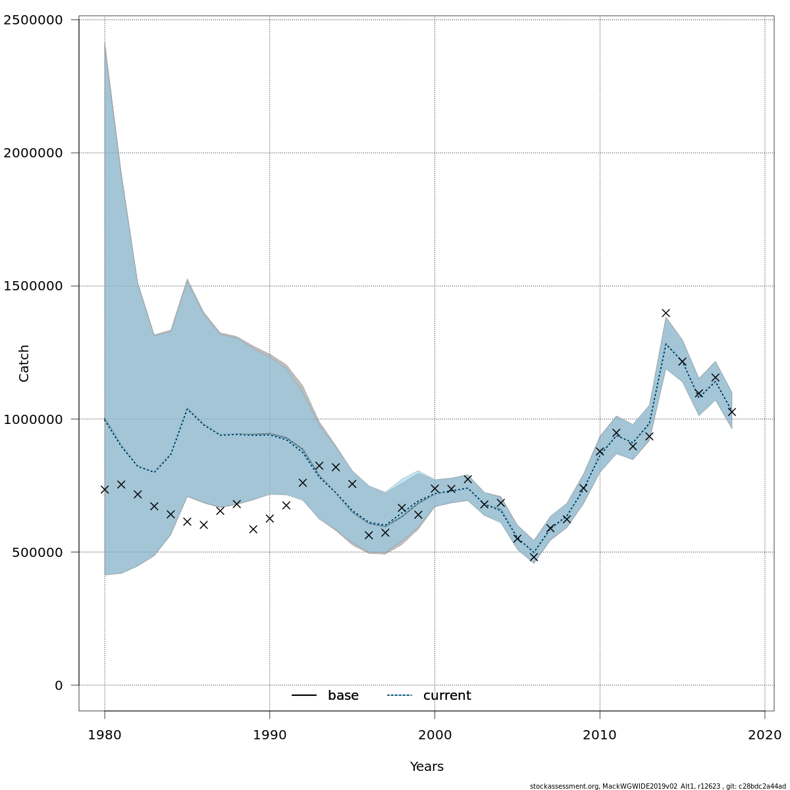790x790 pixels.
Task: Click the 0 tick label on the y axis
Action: click(59, 685)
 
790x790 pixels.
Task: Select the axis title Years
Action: click(427, 767)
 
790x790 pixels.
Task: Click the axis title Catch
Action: click(24, 363)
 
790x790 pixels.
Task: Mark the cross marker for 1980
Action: click(105, 489)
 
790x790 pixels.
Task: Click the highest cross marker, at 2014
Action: click(666, 313)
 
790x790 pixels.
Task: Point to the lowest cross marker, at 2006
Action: click(534, 557)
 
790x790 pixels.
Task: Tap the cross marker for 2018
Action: click(731, 411)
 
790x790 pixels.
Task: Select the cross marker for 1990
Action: click(269, 518)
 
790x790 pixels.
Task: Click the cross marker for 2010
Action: click(600, 452)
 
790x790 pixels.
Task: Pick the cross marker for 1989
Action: click(253, 529)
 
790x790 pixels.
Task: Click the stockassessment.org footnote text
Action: click(658, 786)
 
